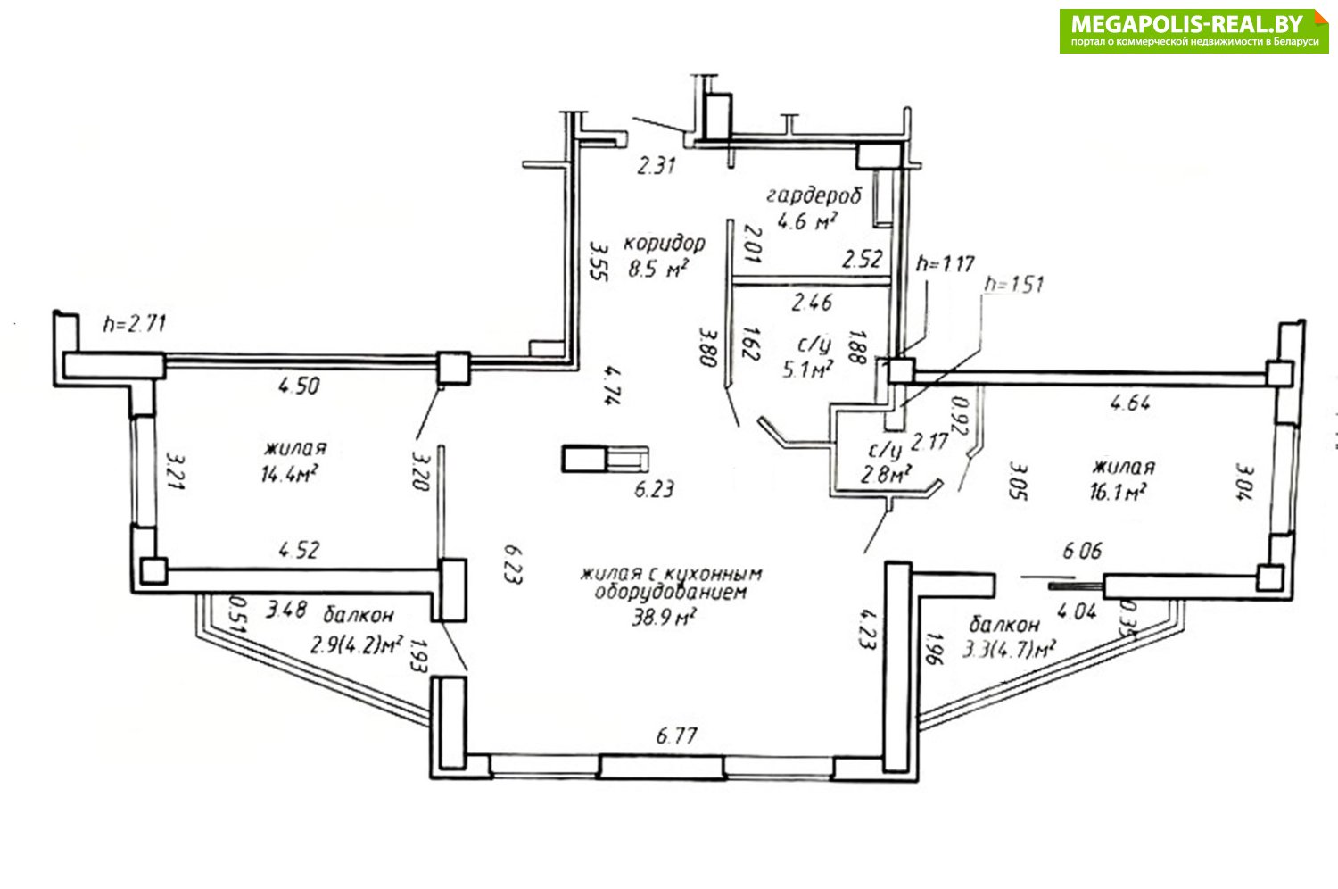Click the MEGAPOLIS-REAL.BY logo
(x=1193, y=30)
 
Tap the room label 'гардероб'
(x=813, y=195)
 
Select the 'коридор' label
(x=664, y=243)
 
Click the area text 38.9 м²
(x=664, y=616)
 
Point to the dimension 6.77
(x=676, y=736)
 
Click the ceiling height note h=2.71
(x=135, y=324)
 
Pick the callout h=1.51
(x=1012, y=285)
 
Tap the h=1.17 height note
(x=946, y=263)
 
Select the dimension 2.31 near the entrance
(x=656, y=165)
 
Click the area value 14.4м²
(x=290, y=473)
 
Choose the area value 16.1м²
(x=1119, y=492)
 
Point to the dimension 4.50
(x=299, y=386)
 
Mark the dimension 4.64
(x=1129, y=403)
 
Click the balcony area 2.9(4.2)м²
(x=356, y=644)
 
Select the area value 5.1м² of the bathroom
(x=807, y=369)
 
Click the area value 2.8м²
(x=885, y=474)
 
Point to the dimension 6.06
(x=1082, y=551)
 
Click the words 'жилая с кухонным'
(x=671, y=573)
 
